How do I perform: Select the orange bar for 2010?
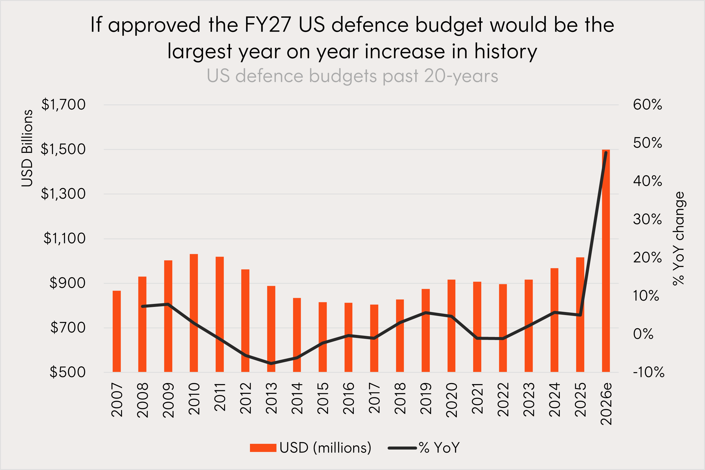pyautogui.click(x=194, y=313)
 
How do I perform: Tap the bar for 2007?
pyautogui.click(x=117, y=331)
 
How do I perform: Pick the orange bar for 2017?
pyautogui.click(x=374, y=338)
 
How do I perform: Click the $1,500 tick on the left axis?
pyautogui.click(x=63, y=149)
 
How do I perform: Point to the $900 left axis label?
pyautogui.click(x=67, y=283)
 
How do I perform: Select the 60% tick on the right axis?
pyautogui.click(x=647, y=105)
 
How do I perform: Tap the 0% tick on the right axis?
pyautogui.click(x=643, y=334)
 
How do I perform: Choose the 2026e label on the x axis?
pyautogui.click(x=606, y=404)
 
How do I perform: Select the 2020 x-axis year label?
pyautogui.click(x=451, y=400)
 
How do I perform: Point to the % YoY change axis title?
pyautogui.click(x=678, y=238)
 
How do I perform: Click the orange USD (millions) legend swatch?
pyautogui.click(x=263, y=448)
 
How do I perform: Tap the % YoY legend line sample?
pyautogui.click(x=402, y=448)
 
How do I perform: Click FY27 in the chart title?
pyautogui.click(x=268, y=25)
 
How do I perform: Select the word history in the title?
pyautogui.click(x=506, y=51)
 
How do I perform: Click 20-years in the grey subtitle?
pyautogui.click(x=461, y=76)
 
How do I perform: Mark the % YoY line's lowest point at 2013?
pyautogui.click(x=271, y=363)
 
